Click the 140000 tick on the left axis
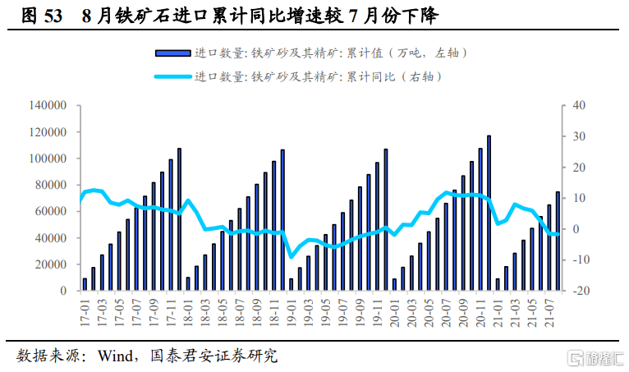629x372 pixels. [48, 106]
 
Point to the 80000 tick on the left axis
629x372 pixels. [50, 185]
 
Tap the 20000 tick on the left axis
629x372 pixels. [50, 264]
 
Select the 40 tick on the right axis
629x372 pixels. [578, 106]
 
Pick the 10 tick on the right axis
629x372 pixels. [578, 198]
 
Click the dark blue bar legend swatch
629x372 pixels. [173, 53]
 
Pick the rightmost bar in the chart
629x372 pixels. [558, 241]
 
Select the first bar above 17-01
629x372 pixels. [85, 284]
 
